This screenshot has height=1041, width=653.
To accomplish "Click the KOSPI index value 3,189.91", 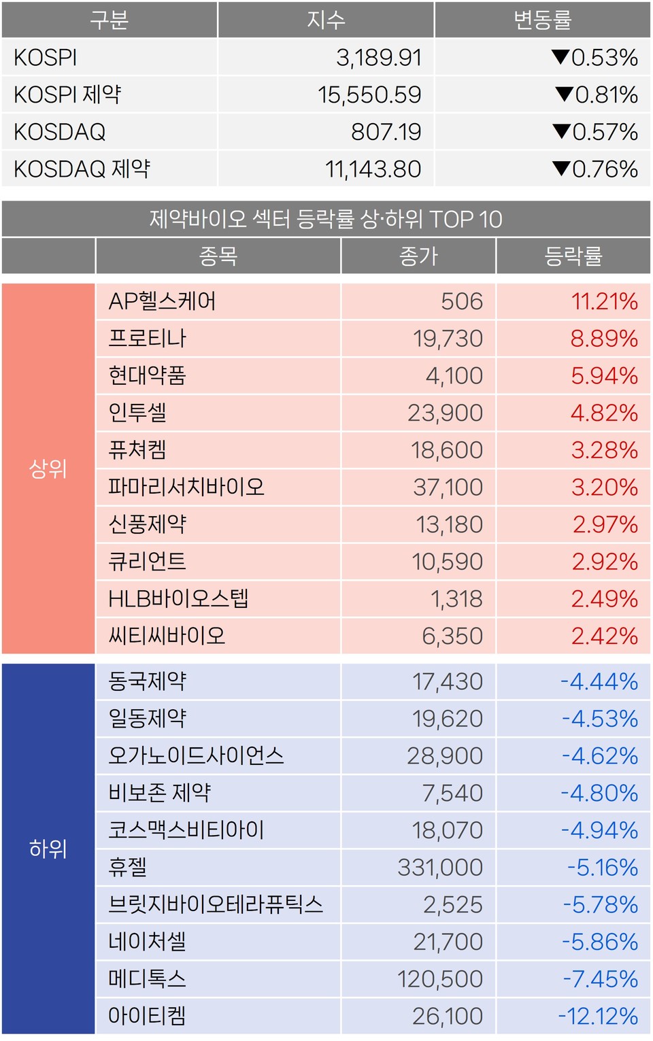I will pyautogui.click(x=379, y=58).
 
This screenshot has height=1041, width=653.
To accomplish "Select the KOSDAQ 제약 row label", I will pyautogui.click(x=82, y=169).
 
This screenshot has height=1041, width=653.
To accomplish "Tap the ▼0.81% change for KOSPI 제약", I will pyautogui.click(x=597, y=95).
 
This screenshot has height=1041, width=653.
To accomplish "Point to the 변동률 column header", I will pyautogui.click(x=542, y=20).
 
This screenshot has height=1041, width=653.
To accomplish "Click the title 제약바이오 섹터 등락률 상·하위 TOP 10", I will pyautogui.click(x=326, y=219).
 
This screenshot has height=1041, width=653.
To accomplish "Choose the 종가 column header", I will pyautogui.click(x=418, y=256).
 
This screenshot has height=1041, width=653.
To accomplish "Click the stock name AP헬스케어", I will pyautogui.click(x=162, y=301).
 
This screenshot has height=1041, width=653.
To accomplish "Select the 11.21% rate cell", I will pyautogui.click(x=604, y=301).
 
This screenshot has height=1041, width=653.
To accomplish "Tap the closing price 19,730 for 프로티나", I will pyautogui.click(x=448, y=339).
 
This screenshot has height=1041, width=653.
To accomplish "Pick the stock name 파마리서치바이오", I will pyautogui.click(x=186, y=487).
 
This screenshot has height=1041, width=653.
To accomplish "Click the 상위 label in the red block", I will pyautogui.click(x=48, y=468).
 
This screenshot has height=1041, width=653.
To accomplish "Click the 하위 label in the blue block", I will pyautogui.click(x=48, y=849).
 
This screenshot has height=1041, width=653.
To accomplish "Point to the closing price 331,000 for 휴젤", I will pyautogui.click(x=440, y=868).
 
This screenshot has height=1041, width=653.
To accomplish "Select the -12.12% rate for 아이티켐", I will pyautogui.click(x=598, y=1016).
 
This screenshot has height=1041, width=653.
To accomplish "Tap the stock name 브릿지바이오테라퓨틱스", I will pyautogui.click(x=216, y=904).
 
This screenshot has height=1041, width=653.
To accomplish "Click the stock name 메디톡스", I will pyautogui.click(x=147, y=979).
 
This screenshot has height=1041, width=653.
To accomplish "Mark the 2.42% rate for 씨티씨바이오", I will pyautogui.click(x=604, y=636).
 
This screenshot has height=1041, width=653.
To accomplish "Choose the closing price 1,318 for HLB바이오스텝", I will pyautogui.click(x=456, y=599).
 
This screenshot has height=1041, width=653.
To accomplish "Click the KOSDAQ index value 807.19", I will pyautogui.click(x=386, y=132).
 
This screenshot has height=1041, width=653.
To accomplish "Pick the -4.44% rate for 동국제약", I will pyautogui.click(x=599, y=681).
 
